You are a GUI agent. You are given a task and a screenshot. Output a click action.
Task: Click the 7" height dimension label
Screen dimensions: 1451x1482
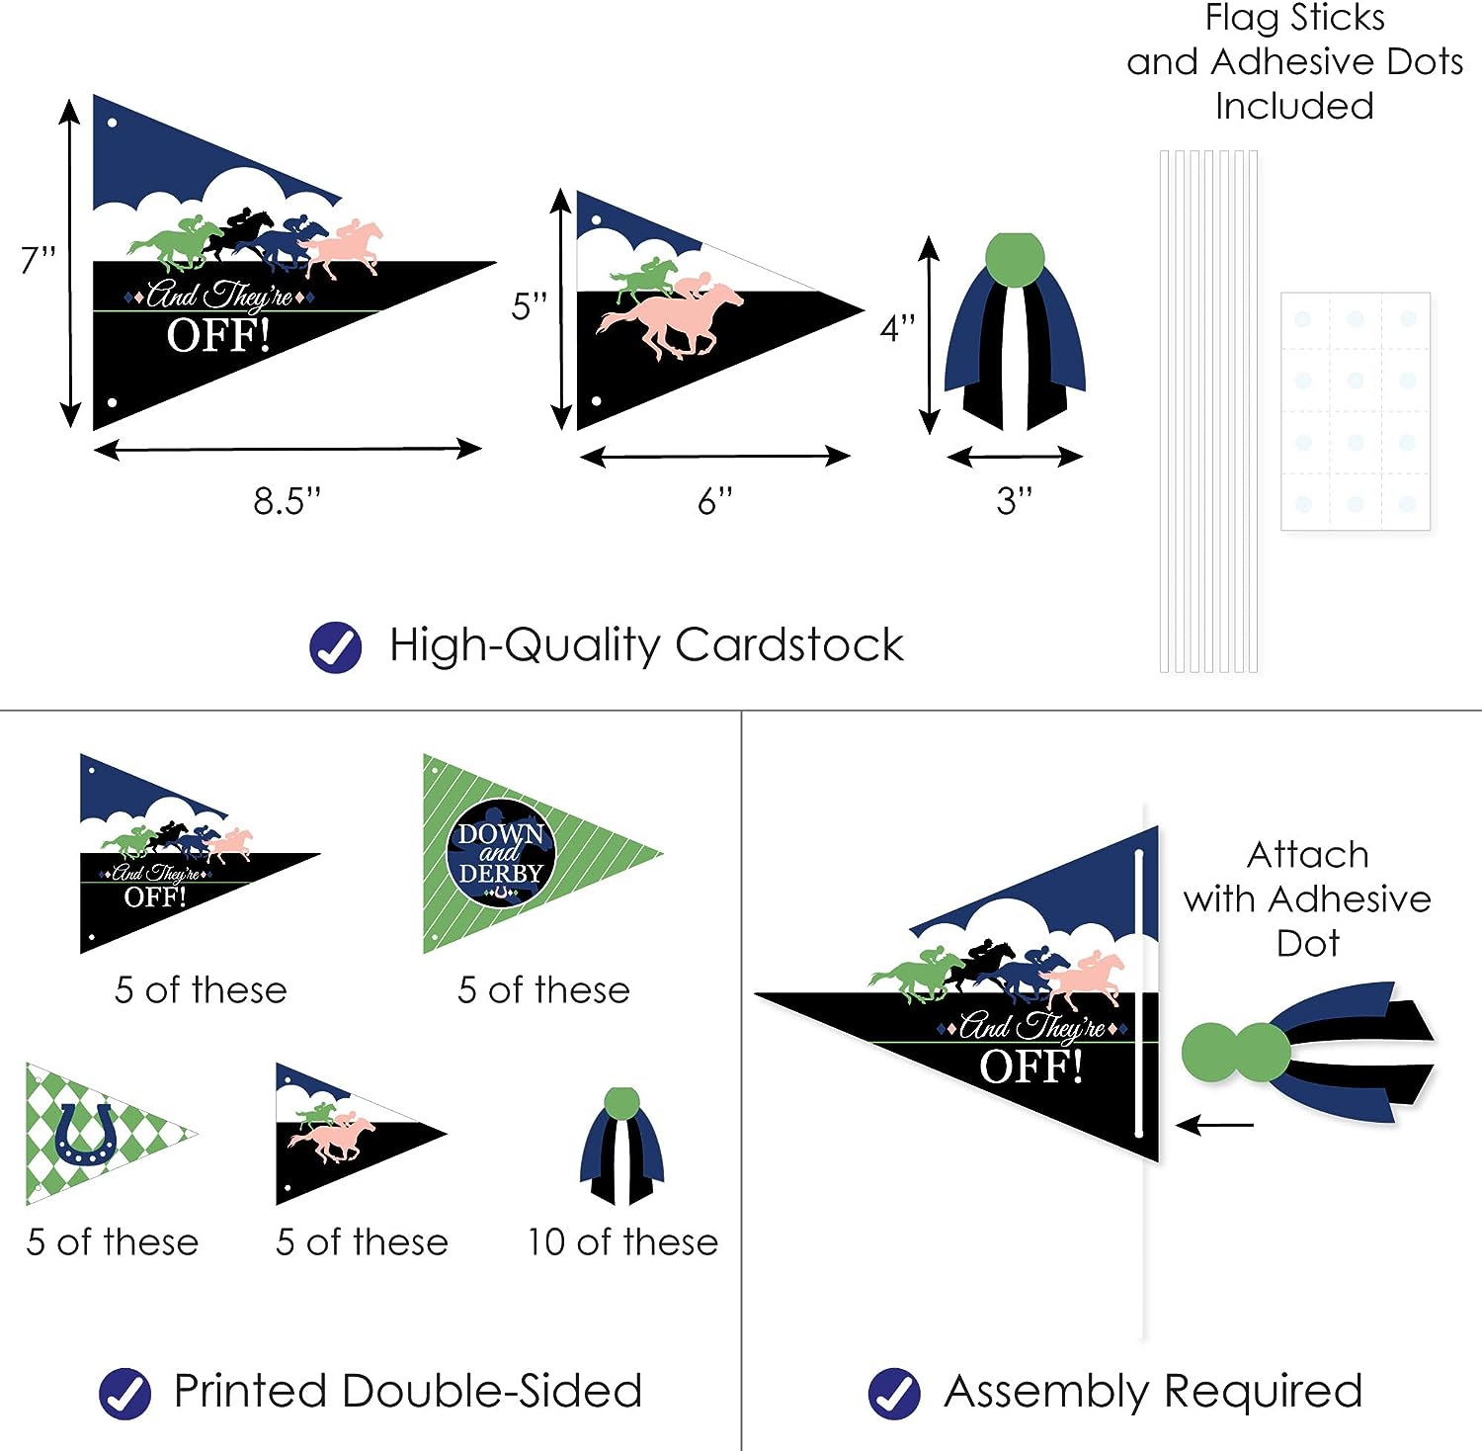pos(38,260)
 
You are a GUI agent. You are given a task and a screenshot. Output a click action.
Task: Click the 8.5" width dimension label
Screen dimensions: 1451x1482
pos(288,501)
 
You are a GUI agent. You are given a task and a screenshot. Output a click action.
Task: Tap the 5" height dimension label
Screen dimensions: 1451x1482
pos(529,306)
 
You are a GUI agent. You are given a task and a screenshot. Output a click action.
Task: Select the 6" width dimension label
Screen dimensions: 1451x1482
pos(715,501)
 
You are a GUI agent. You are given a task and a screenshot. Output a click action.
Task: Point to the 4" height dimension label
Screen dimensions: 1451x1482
pos(898,328)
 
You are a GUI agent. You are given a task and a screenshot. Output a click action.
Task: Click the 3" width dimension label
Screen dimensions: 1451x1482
pos(1015,501)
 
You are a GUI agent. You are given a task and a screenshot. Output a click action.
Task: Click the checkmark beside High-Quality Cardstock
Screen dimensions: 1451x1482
pos(336,647)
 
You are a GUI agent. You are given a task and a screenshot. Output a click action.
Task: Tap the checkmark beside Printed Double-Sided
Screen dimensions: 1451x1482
pos(125,1394)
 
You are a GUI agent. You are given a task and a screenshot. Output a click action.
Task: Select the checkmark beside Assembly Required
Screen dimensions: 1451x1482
pos(894,1394)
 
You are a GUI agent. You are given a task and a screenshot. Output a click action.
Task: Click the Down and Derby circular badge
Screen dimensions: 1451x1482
pos(501,853)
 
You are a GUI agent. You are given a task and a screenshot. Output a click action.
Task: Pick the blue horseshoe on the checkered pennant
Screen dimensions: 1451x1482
pos(85,1134)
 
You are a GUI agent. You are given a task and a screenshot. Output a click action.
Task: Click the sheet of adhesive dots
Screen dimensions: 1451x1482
pos(1356,411)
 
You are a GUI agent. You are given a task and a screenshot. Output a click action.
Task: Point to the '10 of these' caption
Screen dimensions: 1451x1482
pos(622,1242)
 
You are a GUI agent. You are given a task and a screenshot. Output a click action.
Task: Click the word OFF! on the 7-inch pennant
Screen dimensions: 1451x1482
pos(218,336)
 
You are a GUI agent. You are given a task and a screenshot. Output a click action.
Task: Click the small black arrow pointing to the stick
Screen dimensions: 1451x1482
pos(1215,1125)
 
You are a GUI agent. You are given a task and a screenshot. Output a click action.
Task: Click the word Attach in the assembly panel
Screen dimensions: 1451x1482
pos(1308,855)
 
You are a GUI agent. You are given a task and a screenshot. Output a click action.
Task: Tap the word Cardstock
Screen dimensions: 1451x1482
pos(789,645)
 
